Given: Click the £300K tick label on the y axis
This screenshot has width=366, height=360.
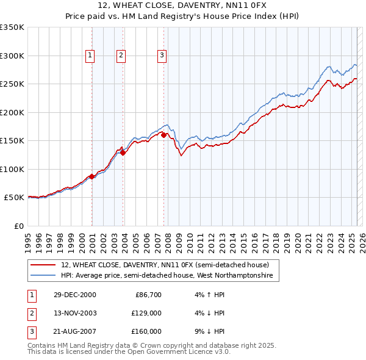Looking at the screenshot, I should tap(12, 56).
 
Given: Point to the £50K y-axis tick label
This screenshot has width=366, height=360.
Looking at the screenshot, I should tap(14, 198).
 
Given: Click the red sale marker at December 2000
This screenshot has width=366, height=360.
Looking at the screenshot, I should tap(92, 176).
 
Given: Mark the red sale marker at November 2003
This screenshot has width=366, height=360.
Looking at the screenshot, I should tap(123, 153).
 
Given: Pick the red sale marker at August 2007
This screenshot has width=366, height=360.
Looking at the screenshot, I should tap(163, 135).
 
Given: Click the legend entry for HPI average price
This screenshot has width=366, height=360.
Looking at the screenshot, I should tap(170, 276).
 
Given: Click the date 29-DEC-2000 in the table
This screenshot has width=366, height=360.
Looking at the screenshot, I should tap(75, 295).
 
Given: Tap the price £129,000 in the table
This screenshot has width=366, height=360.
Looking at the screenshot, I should tap(147, 313).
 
